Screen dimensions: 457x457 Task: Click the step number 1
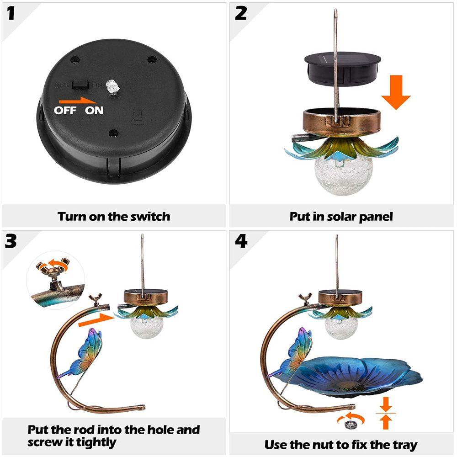coord(11,14)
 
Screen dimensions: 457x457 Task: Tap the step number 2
coord(241,14)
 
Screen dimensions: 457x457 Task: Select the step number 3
coord(11,242)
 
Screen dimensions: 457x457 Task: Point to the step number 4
coord(241,242)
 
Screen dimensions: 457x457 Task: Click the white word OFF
coord(65,111)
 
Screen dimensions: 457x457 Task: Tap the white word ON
coord(94,111)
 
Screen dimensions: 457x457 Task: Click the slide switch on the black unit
coord(80,84)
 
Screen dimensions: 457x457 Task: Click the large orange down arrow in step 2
coord(396,92)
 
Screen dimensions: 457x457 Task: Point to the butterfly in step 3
coord(82,354)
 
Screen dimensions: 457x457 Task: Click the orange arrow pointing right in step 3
coord(96,320)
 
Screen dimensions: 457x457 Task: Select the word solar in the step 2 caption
coord(341,217)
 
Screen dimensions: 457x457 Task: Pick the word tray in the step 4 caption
coord(404,445)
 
